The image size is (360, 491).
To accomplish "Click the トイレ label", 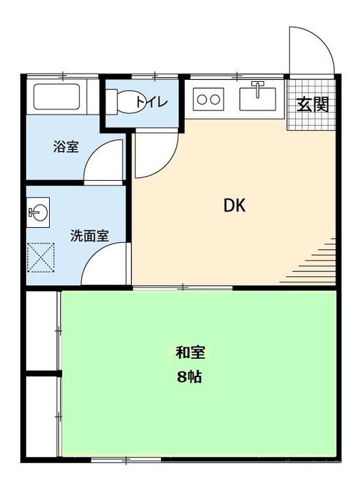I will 152,102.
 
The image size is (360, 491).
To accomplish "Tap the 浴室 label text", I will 65,146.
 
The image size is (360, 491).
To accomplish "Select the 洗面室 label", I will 89,236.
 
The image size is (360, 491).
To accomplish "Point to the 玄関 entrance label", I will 313,104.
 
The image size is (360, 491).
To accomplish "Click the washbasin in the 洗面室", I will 38,213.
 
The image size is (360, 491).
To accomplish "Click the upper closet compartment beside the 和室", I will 42,330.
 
